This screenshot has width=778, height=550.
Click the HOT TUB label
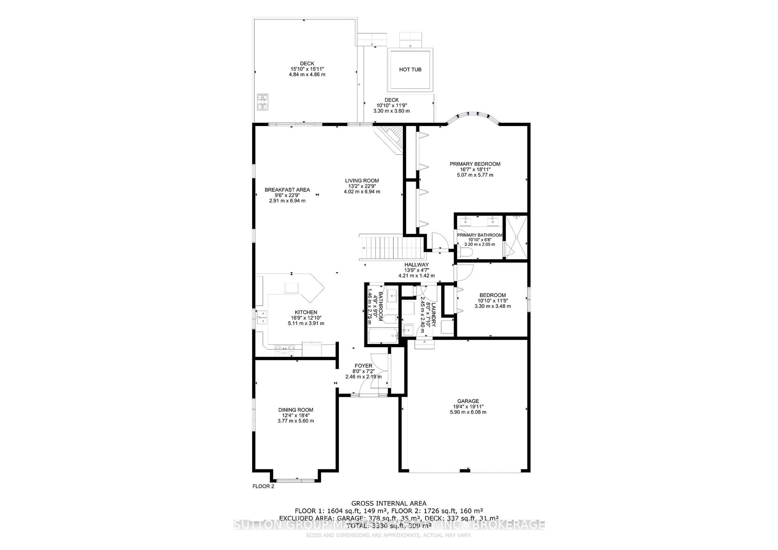(x=410, y=69)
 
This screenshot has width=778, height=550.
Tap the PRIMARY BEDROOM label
(x=475, y=164)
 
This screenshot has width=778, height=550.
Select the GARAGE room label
(x=468, y=401)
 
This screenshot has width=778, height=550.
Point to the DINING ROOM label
(x=295, y=410)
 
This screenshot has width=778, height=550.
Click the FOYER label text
(x=363, y=366)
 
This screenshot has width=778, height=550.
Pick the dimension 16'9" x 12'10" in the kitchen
(x=306, y=318)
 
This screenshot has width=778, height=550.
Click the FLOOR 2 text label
(x=263, y=486)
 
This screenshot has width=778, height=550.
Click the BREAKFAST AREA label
(x=287, y=190)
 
